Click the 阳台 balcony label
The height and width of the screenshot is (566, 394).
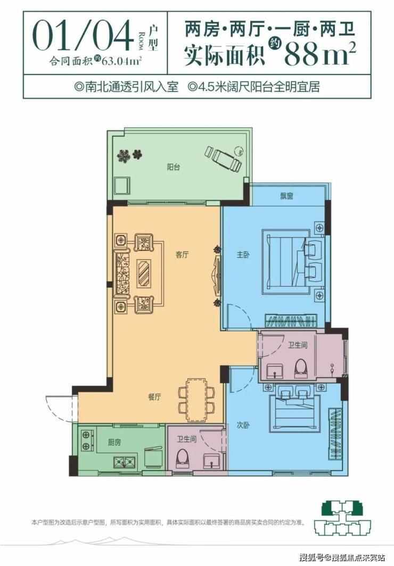point(174,167)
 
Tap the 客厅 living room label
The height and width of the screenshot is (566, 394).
point(183,255)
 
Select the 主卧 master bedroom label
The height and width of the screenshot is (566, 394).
point(243,255)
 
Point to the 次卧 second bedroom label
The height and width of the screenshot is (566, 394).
point(243,426)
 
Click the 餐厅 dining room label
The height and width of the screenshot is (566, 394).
point(154,397)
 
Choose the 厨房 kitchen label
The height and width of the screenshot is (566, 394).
point(114,442)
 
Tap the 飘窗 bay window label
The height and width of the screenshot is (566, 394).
point(286,196)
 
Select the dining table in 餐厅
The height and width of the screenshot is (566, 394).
point(196,399)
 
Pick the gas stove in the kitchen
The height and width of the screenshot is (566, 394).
point(87,441)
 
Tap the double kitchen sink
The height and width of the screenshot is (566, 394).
point(125,461)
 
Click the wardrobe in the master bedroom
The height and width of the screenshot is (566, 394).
point(291,320)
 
